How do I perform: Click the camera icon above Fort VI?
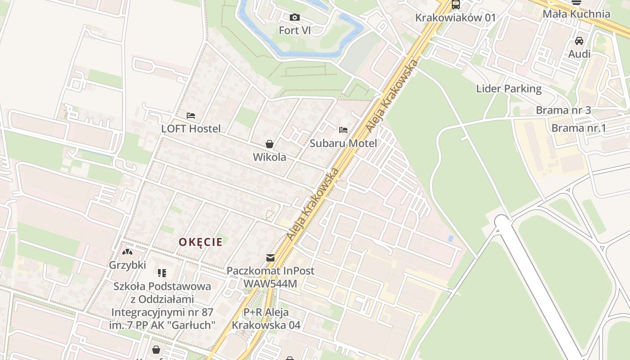coord(295,18)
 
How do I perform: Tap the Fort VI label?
coord(295,31)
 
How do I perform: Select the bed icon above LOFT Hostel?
coord(191,116)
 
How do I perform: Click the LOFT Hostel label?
coord(191,129)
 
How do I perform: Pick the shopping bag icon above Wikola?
coord(269,144)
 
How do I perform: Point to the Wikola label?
coord(269,157)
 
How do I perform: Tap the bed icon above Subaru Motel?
coord(343,130)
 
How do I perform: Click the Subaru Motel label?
coord(343,143)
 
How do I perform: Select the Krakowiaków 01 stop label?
coord(455,18)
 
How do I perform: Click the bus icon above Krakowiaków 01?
coord(456,5)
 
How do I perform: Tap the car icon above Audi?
coord(579,41)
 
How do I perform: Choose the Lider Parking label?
coord(509,88)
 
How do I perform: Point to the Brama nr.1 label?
coord(579,128)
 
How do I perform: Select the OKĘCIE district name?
coord(201,242)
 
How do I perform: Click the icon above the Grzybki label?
coord(127,252)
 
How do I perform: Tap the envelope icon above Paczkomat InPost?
coord(270,258)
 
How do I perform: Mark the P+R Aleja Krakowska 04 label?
coord(266,318)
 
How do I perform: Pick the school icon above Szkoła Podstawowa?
coord(162,273)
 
